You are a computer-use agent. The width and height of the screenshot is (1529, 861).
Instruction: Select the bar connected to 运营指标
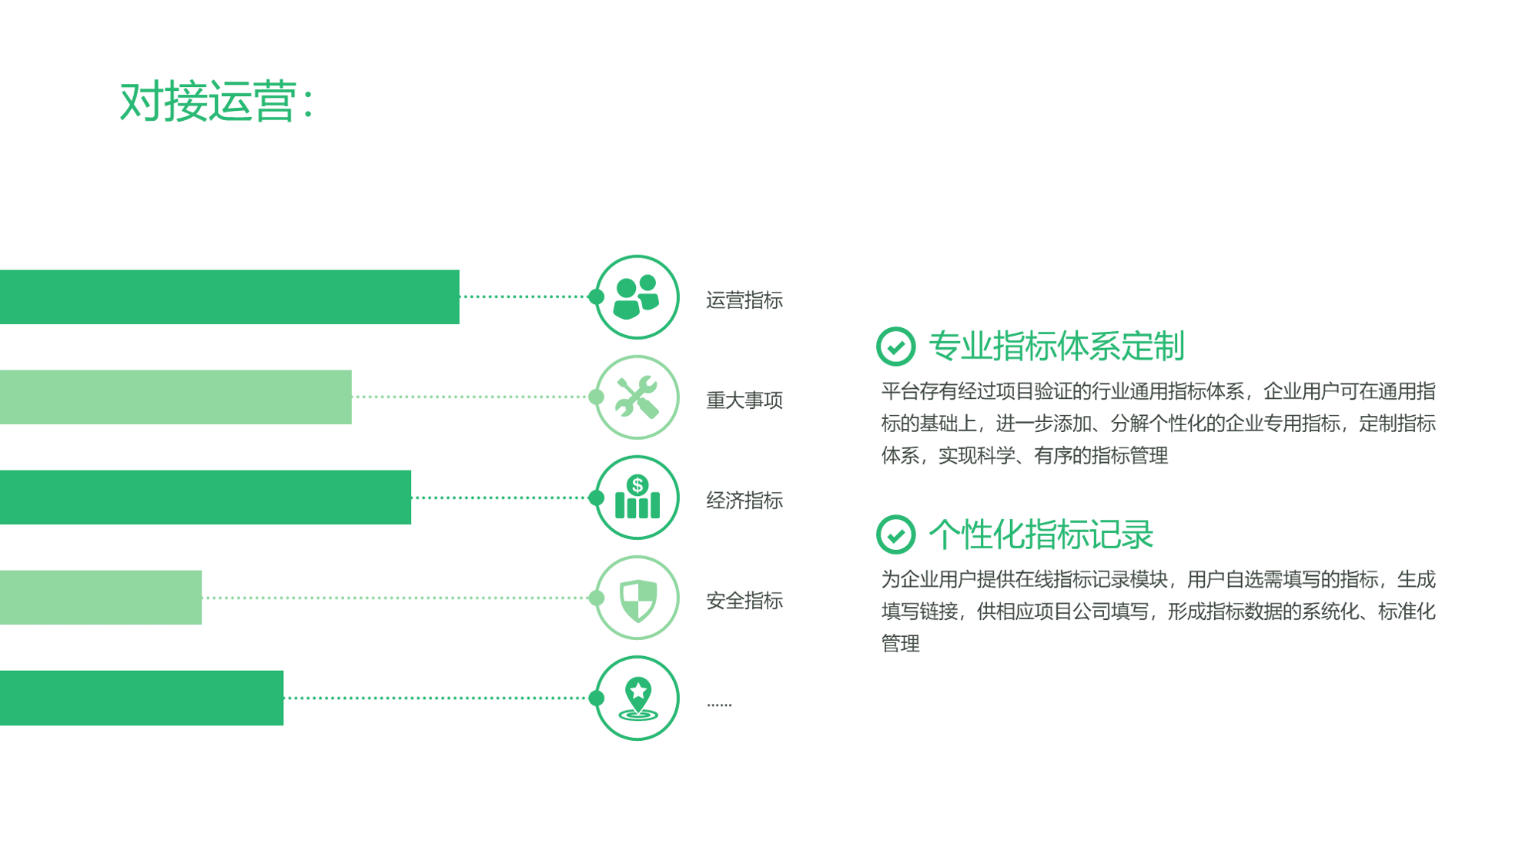229,296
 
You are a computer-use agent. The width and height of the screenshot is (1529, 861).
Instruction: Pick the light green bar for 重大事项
176,397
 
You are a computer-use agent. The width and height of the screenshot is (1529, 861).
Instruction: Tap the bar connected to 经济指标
206,498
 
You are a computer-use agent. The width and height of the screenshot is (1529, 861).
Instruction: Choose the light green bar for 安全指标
101,598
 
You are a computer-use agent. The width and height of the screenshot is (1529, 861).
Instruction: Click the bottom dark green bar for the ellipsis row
142,698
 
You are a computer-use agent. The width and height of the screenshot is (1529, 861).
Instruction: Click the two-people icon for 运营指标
637,297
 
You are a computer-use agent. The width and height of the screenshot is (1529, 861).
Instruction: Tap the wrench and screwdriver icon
637,397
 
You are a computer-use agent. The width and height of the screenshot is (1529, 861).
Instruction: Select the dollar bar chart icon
637,497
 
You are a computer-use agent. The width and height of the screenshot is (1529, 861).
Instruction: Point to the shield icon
637,599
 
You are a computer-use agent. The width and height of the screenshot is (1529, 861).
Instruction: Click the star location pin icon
637,699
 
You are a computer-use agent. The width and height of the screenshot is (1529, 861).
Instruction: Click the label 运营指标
744,300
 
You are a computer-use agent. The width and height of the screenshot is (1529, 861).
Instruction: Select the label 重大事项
744,400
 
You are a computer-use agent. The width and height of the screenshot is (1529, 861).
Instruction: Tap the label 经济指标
744,501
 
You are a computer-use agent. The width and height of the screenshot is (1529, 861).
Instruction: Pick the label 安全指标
744,601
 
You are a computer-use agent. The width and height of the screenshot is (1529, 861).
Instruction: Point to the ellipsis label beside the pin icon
719,704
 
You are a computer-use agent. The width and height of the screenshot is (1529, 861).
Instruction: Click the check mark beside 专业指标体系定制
895,347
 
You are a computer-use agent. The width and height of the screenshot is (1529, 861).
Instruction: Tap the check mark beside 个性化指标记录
895,534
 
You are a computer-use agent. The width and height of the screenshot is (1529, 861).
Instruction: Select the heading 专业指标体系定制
1056,347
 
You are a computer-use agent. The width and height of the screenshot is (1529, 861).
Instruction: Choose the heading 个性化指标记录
1041,534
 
